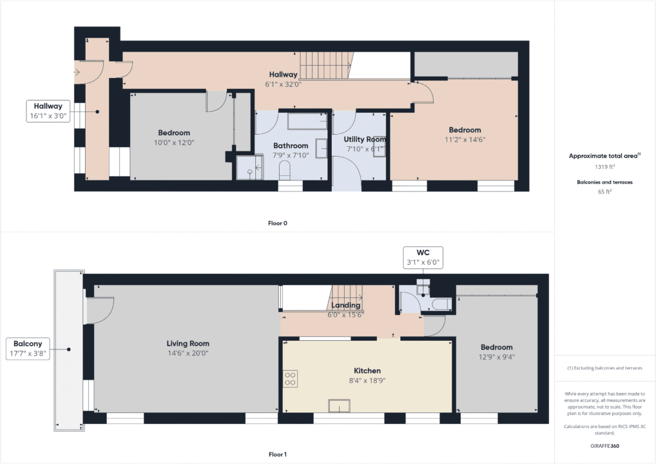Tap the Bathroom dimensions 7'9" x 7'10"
tap(291, 155)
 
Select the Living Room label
tap(188, 343)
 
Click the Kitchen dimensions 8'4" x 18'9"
tap(367, 380)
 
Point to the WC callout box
tap(423, 257)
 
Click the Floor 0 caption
tap(278, 224)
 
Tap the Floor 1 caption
tap(278, 454)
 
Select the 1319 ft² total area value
tap(604, 165)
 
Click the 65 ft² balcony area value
tap(604, 192)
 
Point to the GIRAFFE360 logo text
tap(604, 445)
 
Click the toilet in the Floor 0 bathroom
tap(285, 171)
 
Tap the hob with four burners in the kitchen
tap(290, 378)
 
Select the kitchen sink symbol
tap(339, 405)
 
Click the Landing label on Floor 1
tap(345, 305)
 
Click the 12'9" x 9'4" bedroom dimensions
tap(496, 356)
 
